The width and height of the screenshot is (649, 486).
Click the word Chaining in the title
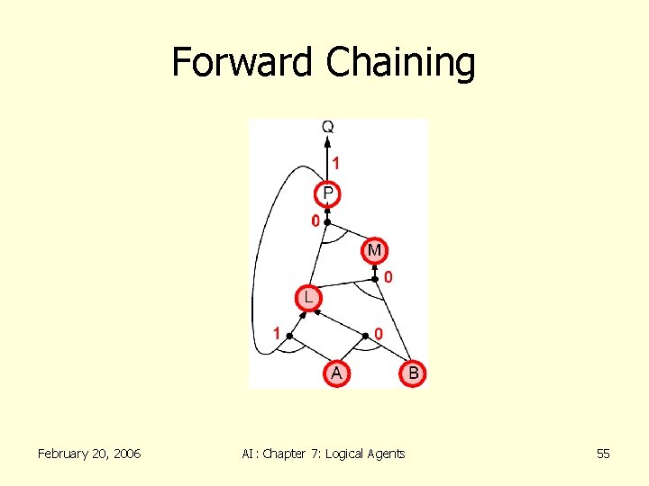tap(400, 63)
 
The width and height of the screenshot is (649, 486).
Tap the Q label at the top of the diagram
tap(327, 128)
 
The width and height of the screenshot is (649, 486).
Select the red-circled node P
tap(327, 193)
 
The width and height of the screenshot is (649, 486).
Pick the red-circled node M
tap(375, 249)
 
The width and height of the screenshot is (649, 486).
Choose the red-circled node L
tap(308, 296)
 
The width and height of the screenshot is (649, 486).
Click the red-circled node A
tap(336, 372)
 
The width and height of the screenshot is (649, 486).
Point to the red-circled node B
tap(413, 372)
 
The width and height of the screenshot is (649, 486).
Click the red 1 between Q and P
tap(336, 164)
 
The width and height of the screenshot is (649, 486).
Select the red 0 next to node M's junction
tap(388, 278)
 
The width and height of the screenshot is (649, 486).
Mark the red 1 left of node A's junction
tap(277, 334)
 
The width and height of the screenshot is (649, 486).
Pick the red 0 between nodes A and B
tap(379, 334)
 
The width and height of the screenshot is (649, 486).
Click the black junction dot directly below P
tap(328, 221)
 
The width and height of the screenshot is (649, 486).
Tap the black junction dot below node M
tap(375, 279)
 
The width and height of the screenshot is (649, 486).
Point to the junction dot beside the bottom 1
tap(289, 336)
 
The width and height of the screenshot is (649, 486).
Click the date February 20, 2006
tap(89, 454)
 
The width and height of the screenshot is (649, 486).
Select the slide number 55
tap(603, 454)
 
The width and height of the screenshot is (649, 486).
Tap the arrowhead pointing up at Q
tap(327, 141)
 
